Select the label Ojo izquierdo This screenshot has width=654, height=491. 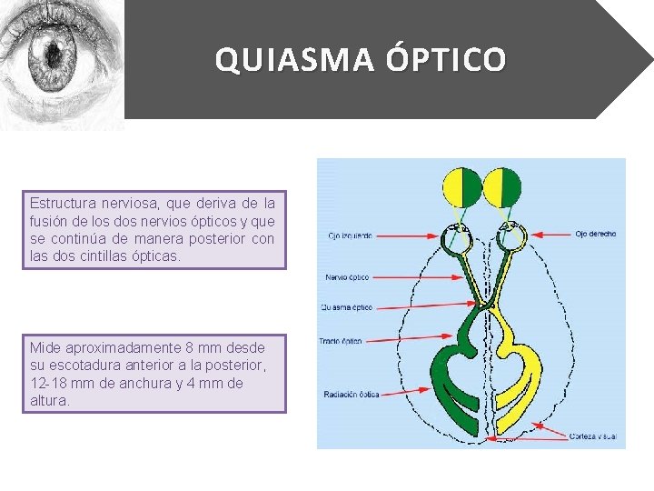tap(351, 235)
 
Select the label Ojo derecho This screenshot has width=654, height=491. tap(595, 234)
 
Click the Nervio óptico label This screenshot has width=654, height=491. tap(347, 276)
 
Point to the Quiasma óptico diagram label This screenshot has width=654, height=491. tap(346, 307)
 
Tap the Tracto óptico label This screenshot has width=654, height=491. tap(341, 341)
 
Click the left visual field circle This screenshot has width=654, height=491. tap(463, 186)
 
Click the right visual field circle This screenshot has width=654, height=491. tap(502, 186)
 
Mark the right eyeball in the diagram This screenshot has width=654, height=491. tap(512, 238)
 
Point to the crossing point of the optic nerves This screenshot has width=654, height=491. tap(484, 304)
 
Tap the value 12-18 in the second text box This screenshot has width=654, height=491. tap(47, 383)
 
